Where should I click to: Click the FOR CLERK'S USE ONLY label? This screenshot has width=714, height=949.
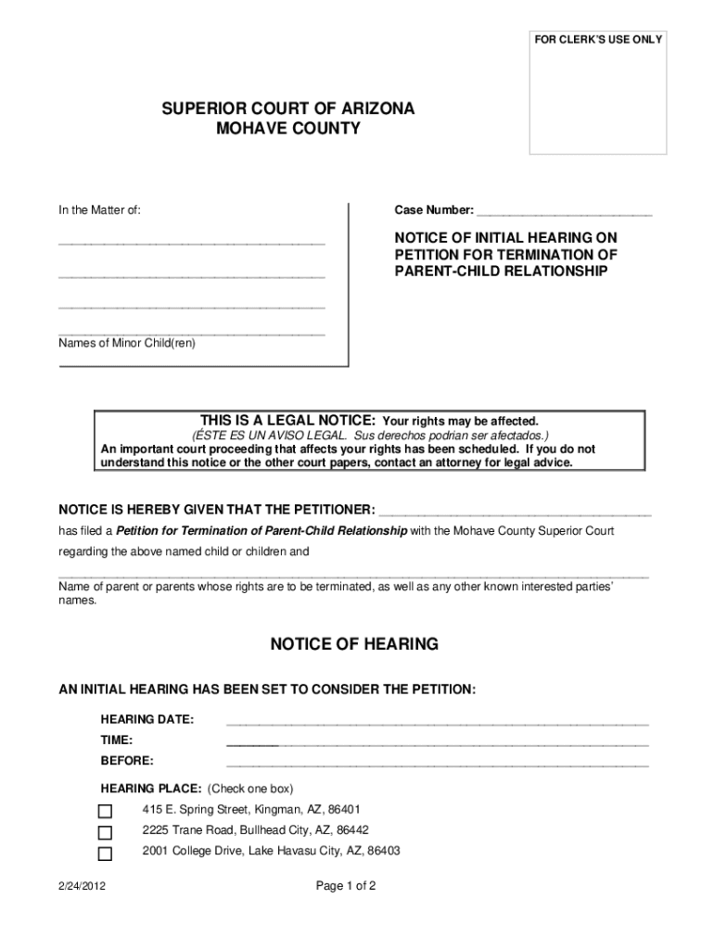coord(597,40)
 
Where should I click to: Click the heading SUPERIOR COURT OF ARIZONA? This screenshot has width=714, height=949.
coord(288,109)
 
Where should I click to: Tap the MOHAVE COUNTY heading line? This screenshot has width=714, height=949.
coord(288,129)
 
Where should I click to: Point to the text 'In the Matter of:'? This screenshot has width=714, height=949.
coord(100,210)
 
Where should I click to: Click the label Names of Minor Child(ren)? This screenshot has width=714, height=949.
coord(127,343)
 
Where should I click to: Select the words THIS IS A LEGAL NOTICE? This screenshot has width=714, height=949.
coord(281,420)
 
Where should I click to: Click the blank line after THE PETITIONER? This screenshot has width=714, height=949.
coord(516,511)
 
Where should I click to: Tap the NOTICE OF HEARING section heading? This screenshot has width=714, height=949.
coord(354,644)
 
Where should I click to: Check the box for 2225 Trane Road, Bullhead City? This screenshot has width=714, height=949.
coord(106,832)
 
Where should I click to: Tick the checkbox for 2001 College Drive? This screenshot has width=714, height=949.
coord(106,854)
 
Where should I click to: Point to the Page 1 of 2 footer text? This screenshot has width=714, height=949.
coord(346,886)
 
